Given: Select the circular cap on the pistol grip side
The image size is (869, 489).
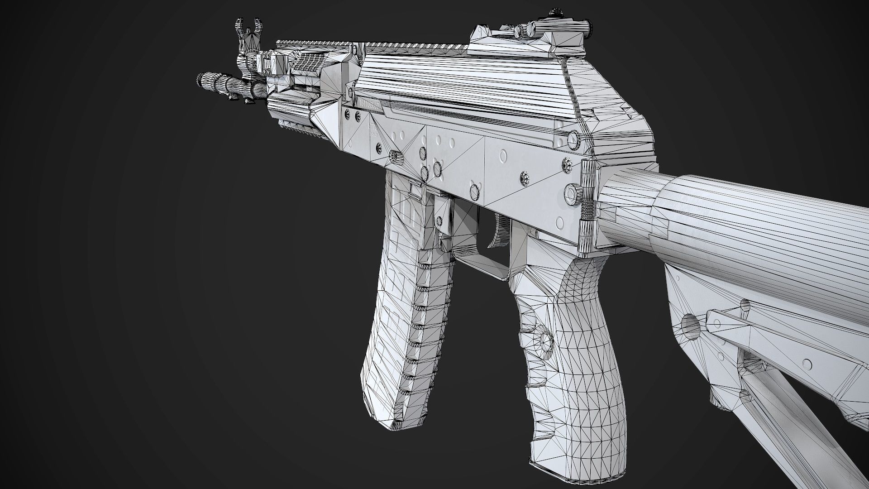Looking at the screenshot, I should click(x=544, y=340).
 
